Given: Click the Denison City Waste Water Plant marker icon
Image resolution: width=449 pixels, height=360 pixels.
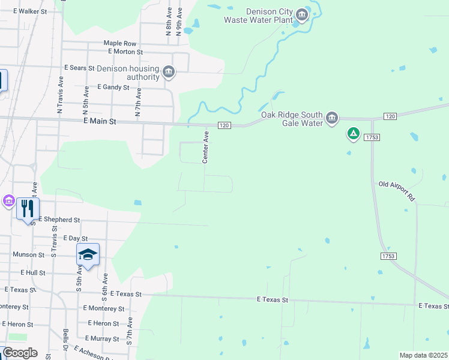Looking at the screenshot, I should tap(303, 14).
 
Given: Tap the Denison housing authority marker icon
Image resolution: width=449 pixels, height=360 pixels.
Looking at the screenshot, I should tap(169, 73).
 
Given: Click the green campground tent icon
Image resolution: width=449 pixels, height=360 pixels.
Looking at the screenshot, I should tap(354, 133).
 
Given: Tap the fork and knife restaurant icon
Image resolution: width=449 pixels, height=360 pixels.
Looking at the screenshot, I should tap(28, 208).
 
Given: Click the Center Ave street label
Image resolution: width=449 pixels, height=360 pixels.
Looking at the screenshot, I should tap(205, 148).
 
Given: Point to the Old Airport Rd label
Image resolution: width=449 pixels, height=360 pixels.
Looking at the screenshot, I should tap(397, 191).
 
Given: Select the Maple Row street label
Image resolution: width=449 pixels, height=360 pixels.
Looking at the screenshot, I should tap(120, 43).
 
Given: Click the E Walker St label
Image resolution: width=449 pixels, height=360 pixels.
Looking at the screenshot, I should tap(34, 11).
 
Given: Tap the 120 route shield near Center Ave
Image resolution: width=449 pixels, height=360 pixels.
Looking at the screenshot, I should tap(224, 125).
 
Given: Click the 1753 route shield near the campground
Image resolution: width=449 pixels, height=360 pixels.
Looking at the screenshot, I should tap(371, 137).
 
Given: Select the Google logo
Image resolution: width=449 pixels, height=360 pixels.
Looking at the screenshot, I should tap(20, 353).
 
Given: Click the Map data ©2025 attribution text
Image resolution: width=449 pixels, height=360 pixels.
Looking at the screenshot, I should tap(423, 355).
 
